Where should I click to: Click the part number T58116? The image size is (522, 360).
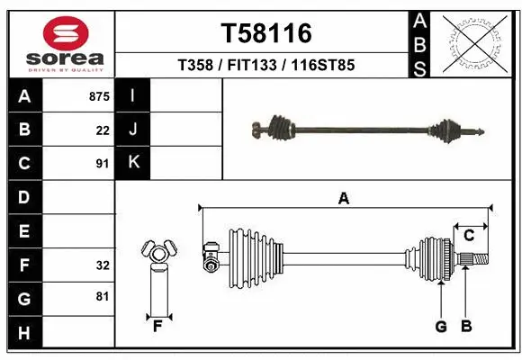point(266,33)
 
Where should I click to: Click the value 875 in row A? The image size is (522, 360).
point(99,95)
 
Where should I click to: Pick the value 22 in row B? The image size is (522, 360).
point(103,130)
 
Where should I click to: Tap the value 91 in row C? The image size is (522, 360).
point(103,164)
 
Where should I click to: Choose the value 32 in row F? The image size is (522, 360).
point(103,265)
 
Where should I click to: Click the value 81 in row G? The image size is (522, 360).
point(103,296)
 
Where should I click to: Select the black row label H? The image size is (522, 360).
point(24,333)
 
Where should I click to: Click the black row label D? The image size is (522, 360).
point(24,197)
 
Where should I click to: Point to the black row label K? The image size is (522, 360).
point(133,162)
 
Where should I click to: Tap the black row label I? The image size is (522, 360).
point(133,95)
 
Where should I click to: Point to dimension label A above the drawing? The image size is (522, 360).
point(343,199)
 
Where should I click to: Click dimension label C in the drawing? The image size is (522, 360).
point(469,236)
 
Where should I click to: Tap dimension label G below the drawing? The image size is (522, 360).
point(441,327)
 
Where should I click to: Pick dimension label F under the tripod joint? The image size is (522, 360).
point(157,327)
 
